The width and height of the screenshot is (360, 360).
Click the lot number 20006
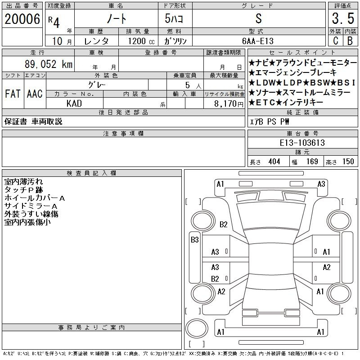coord(22,19)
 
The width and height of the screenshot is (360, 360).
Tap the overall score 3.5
coord(343,18)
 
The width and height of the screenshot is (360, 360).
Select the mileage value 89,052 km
coord(49,64)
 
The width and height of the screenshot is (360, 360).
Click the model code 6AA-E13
coord(258,41)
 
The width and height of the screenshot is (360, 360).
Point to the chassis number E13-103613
coord(302,143)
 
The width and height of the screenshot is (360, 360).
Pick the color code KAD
coord(74,103)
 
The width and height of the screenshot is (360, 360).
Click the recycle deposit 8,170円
coord(229,104)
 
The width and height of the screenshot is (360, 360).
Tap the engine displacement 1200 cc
coord(141,41)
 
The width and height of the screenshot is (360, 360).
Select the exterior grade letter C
coord(335,40)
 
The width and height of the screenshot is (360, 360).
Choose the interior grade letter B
coord(350,40)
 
